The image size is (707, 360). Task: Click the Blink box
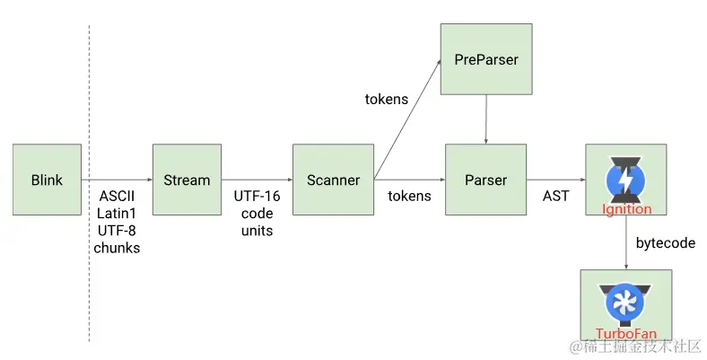point(47,180)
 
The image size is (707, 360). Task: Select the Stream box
point(187,180)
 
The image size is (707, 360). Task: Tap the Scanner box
point(333,180)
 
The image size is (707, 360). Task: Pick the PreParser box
point(485,59)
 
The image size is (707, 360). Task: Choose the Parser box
point(485,180)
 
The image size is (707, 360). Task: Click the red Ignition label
point(627,209)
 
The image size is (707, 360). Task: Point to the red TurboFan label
point(626,334)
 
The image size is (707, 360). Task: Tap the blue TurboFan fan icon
point(626,303)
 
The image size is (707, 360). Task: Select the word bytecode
point(665,242)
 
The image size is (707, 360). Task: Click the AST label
point(555,196)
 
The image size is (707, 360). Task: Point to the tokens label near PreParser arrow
point(387,99)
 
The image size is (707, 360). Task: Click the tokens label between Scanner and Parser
point(409,196)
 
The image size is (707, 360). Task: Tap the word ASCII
point(118,196)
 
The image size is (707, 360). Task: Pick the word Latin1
point(118,213)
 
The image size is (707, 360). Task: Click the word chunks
point(118,248)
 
